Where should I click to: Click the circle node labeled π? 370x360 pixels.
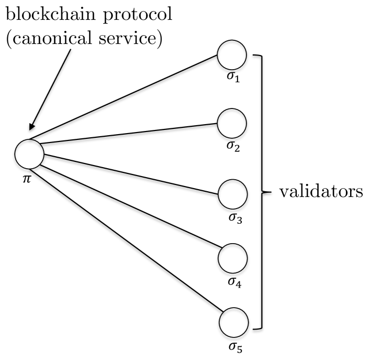(x=29, y=154)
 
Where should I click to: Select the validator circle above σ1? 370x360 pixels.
(x=232, y=54)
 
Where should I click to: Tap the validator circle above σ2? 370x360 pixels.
(x=232, y=123)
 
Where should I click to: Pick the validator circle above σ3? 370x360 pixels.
(x=232, y=193)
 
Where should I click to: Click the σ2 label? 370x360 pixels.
(x=233, y=146)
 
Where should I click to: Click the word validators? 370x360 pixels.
(x=320, y=192)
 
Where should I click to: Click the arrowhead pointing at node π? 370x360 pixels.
(x=33, y=126)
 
